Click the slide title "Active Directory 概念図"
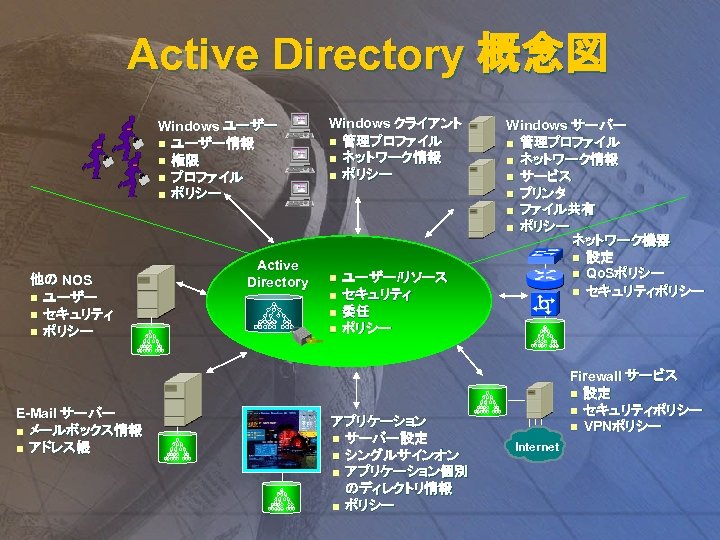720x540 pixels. pos(366,55)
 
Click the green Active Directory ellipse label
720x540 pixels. pos(277,274)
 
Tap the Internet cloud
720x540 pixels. pos(536,446)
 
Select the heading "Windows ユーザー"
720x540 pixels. pos(217,126)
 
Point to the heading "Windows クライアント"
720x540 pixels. pos(394,123)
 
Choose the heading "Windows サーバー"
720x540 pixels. pos(565,125)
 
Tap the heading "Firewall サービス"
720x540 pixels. pos(623,376)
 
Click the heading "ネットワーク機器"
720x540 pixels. pos(620,240)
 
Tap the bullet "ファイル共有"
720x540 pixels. pos(557,209)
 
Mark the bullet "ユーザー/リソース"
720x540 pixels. pos(394,276)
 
